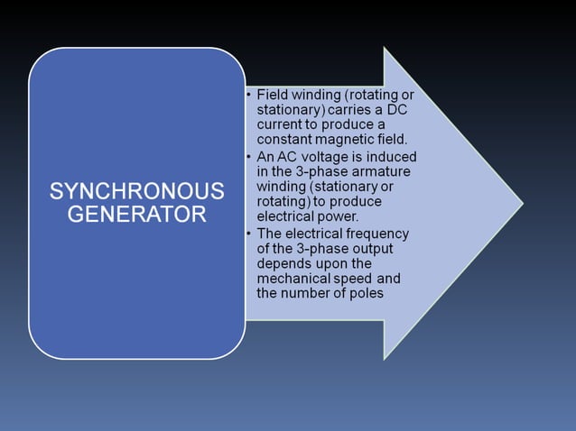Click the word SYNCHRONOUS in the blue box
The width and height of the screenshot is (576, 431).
(136, 191)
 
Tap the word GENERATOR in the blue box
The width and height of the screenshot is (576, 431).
(136, 215)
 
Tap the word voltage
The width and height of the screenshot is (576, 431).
(328, 156)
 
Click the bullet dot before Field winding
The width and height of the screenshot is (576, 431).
(248, 95)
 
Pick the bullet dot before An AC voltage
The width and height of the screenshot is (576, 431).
(248, 156)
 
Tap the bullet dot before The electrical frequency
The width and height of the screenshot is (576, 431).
(248, 234)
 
